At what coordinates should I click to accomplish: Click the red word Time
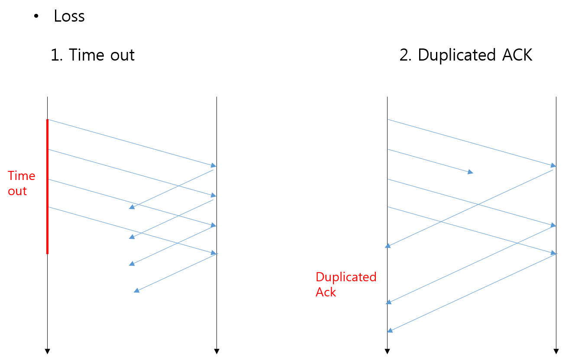click(x=22, y=176)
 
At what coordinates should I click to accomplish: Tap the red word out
click(x=17, y=191)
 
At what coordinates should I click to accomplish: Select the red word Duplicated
click(x=346, y=277)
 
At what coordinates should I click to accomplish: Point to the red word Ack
click(x=326, y=292)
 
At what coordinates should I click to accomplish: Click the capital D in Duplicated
click(x=320, y=277)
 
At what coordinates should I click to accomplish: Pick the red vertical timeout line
click(x=47, y=186)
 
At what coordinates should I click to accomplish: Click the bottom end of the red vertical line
click(x=47, y=253)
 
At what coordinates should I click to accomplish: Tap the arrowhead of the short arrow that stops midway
click(x=471, y=172)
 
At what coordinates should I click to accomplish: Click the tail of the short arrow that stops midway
click(x=388, y=149)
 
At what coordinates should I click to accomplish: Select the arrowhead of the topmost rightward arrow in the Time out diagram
click(x=213, y=165)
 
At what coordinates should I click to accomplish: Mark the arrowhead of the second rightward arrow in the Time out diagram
click(x=213, y=196)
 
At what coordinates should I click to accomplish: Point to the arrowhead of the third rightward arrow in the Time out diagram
click(x=213, y=225)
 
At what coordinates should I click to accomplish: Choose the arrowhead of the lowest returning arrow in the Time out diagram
click(x=136, y=291)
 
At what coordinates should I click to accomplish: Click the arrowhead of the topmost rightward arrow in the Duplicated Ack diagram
click(x=553, y=165)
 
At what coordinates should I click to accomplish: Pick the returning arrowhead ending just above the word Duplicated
click(x=388, y=246)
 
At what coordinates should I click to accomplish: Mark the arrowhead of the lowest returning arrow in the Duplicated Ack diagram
click(x=390, y=331)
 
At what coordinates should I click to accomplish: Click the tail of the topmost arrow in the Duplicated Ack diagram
click(x=388, y=119)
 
